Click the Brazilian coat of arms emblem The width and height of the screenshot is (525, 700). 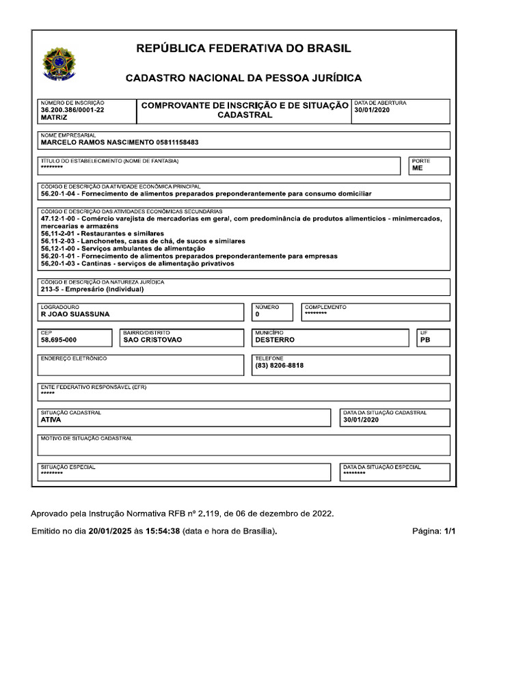[60, 64]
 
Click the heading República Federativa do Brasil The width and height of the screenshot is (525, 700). [244, 49]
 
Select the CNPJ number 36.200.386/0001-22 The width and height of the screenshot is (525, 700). [72, 110]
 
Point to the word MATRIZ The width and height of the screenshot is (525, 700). [55, 118]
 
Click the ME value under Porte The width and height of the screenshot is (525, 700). [417, 168]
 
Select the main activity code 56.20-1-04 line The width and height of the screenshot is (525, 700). [205, 194]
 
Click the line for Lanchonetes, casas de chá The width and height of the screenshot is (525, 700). [142, 241]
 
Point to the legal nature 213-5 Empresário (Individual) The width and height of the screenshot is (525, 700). [92, 289]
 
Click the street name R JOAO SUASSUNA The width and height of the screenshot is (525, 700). [75, 314]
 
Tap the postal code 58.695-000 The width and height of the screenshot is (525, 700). [59, 340]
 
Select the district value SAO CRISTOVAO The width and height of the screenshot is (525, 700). [152, 340]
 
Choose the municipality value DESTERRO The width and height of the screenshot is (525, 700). [275, 340]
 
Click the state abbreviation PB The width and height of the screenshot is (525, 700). [425, 340]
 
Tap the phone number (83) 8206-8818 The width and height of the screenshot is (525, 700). [279, 366]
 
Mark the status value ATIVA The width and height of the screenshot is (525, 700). [51, 420]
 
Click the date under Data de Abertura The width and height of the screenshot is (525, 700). [372, 110]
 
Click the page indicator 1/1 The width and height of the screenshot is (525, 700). [449, 530]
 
